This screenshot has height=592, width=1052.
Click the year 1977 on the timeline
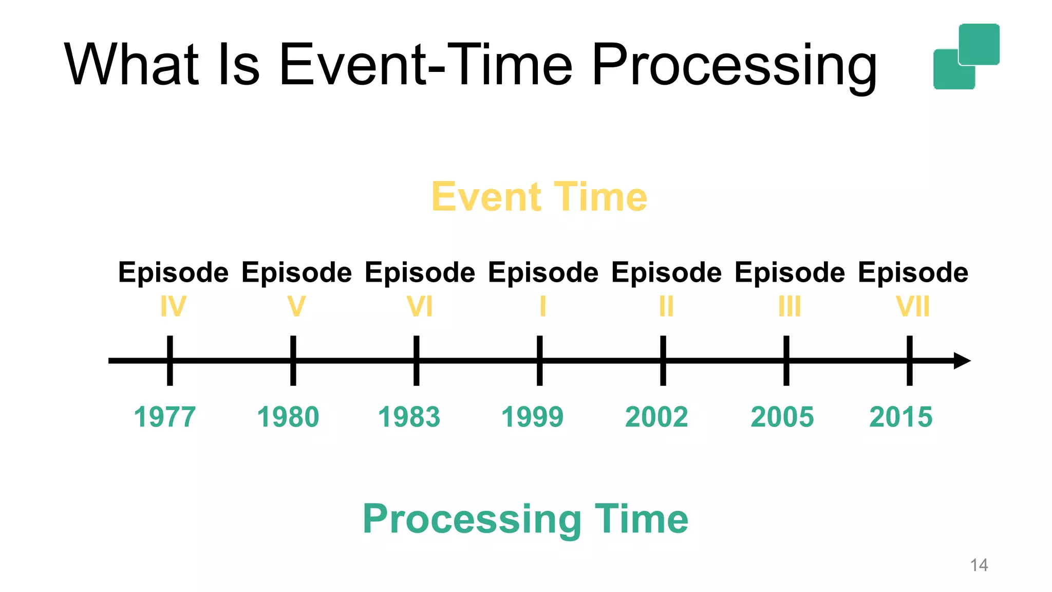click(x=165, y=417)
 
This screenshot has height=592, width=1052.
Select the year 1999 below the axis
click(x=532, y=417)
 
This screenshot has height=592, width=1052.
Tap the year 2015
click(x=900, y=417)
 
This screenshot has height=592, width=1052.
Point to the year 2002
click(x=656, y=417)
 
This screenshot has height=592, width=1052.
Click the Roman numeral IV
click(x=173, y=307)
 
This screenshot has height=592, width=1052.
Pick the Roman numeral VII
click(x=913, y=307)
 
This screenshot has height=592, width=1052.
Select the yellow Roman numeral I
click(x=542, y=307)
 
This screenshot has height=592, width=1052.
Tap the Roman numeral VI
click(x=420, y=307)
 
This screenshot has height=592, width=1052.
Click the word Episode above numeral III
click(x=790, y=272)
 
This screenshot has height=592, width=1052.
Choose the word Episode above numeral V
click(x=296, y=272)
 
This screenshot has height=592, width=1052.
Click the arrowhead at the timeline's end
click(x=962, y=361)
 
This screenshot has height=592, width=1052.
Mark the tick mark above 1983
click(x=416, y=361)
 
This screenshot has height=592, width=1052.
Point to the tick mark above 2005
click(x=786, y=361)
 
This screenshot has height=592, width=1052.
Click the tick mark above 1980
click(x=293, y=361)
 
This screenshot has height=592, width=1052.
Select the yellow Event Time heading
click(x=539, y=197)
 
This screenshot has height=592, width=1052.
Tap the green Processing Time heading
click(x=525, y=519)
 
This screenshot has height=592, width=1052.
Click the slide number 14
click(x=979, y=565)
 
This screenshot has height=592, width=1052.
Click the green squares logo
click(x=966, y=57)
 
